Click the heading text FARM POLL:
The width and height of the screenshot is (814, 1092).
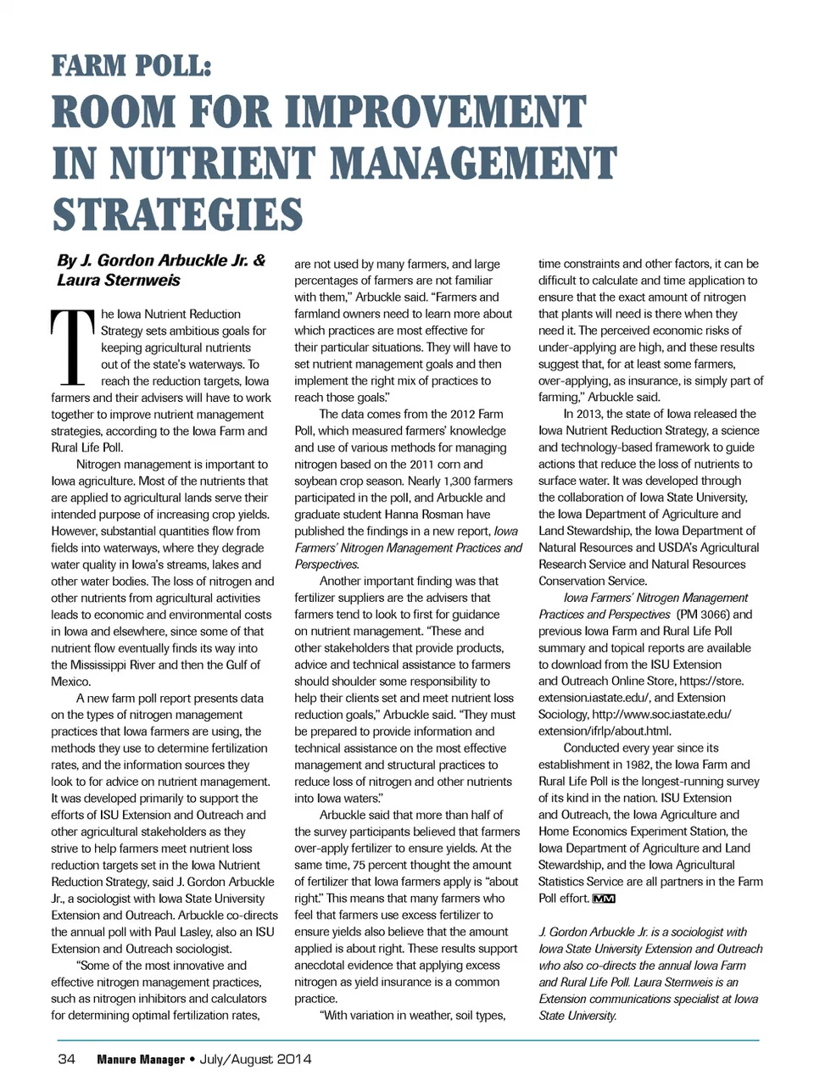click(131, 66)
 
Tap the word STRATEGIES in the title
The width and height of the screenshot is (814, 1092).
click(177, 215)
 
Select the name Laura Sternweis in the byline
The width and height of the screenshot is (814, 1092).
click(119, 281)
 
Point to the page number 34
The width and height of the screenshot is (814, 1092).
click(66, 1059)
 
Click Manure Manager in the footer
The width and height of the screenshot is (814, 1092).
click(141, 1059)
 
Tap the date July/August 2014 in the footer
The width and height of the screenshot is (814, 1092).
click(255, 1059)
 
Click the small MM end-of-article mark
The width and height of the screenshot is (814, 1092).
click(604, 899)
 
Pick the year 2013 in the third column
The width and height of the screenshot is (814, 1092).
click(592, 415)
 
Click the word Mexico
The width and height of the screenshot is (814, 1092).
click(70, 682)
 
